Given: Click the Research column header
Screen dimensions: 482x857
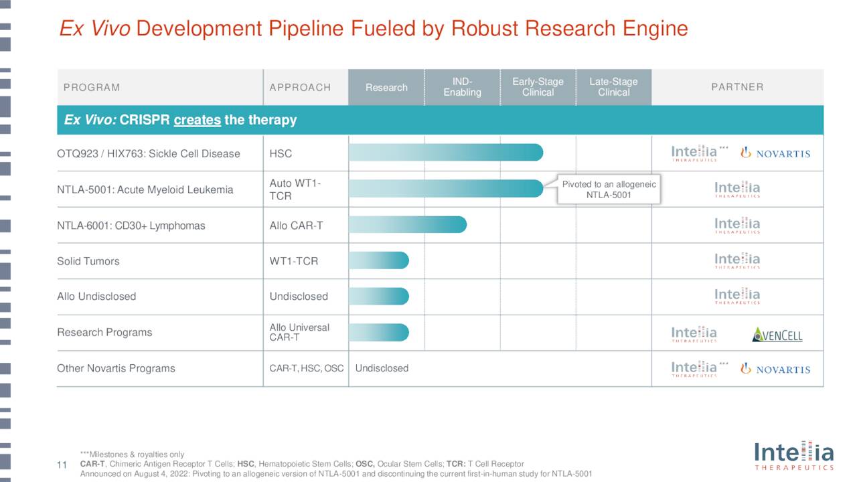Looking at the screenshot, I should pos(386,88).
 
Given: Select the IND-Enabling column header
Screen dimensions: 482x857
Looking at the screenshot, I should pos(462,87).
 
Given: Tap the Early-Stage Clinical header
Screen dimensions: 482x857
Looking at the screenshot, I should pos(538,87).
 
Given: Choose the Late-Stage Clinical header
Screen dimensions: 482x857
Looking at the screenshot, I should pos(613,87).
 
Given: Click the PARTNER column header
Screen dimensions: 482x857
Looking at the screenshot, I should pos(737,87).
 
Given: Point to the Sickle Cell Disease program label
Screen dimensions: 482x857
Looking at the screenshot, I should pos(148,154).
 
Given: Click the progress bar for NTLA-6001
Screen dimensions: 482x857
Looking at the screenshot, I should pos(407,225).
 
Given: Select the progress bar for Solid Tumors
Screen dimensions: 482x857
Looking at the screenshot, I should pos(378,260).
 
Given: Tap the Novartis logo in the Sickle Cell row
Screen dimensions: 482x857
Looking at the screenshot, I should pos(775,153).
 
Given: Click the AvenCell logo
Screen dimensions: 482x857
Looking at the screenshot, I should pos(777,334).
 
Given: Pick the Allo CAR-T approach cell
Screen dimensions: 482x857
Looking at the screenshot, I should pos(296,226).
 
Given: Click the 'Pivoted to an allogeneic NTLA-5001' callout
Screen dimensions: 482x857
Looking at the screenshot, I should pos(609,189).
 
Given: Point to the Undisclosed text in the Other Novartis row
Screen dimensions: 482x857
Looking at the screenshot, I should pos(382,368).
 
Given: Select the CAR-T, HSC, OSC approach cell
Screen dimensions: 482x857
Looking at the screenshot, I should pos(306,368).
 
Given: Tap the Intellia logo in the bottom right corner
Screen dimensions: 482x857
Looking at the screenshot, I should pos(793,455).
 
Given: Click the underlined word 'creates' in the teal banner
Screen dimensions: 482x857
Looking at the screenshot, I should pos(197,120).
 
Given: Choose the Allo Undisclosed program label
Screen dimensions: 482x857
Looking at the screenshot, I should pos(96,297).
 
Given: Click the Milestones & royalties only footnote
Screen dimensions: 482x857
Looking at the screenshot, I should pos(131,455).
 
